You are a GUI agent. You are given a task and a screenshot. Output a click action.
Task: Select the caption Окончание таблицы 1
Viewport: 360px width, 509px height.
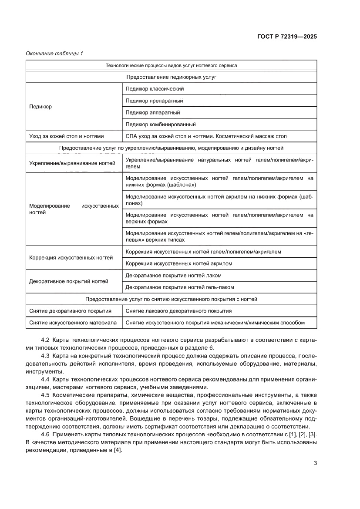click(x=54, y=54)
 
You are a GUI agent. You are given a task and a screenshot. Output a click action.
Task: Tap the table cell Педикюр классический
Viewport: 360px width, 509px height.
click(x=155, y=89)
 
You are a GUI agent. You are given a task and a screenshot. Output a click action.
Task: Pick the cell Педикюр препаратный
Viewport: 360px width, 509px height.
click(x=154, y=101)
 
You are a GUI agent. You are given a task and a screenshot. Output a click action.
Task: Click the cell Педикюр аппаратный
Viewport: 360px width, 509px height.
click(x=152, y=112)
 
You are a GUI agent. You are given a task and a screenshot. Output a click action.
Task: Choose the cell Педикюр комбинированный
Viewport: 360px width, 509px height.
click(x=160, y=124)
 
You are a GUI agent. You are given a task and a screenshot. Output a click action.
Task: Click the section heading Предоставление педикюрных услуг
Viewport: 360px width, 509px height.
click(x=171, y=77)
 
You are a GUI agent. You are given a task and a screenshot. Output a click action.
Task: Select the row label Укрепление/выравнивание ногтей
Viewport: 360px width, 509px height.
click(x=72, y=163)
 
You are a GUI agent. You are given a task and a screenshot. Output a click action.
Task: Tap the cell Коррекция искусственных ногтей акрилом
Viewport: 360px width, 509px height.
click(x=178, y=263)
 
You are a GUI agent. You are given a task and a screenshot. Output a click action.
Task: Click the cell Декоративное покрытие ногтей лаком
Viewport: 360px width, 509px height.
click(x=173, y=275)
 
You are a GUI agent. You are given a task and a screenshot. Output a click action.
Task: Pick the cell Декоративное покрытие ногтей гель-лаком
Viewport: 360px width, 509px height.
click(x=179, y=287)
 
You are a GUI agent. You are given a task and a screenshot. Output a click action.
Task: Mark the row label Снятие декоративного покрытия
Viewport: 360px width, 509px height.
click(x=70, y=311)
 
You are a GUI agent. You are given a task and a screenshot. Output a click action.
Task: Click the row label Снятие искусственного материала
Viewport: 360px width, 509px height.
click(x=73, y=323)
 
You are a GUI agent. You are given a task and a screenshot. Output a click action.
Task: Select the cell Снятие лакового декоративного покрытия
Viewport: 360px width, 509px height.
click(x=178, y=311)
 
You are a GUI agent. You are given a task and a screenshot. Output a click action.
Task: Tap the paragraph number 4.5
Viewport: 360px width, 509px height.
click(x=45, y=395)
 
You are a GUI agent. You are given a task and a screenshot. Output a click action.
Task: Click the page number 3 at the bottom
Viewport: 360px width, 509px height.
click(x=315, y=463)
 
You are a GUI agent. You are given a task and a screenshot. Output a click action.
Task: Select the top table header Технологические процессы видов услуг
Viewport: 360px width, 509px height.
click(x=171, y=65)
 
